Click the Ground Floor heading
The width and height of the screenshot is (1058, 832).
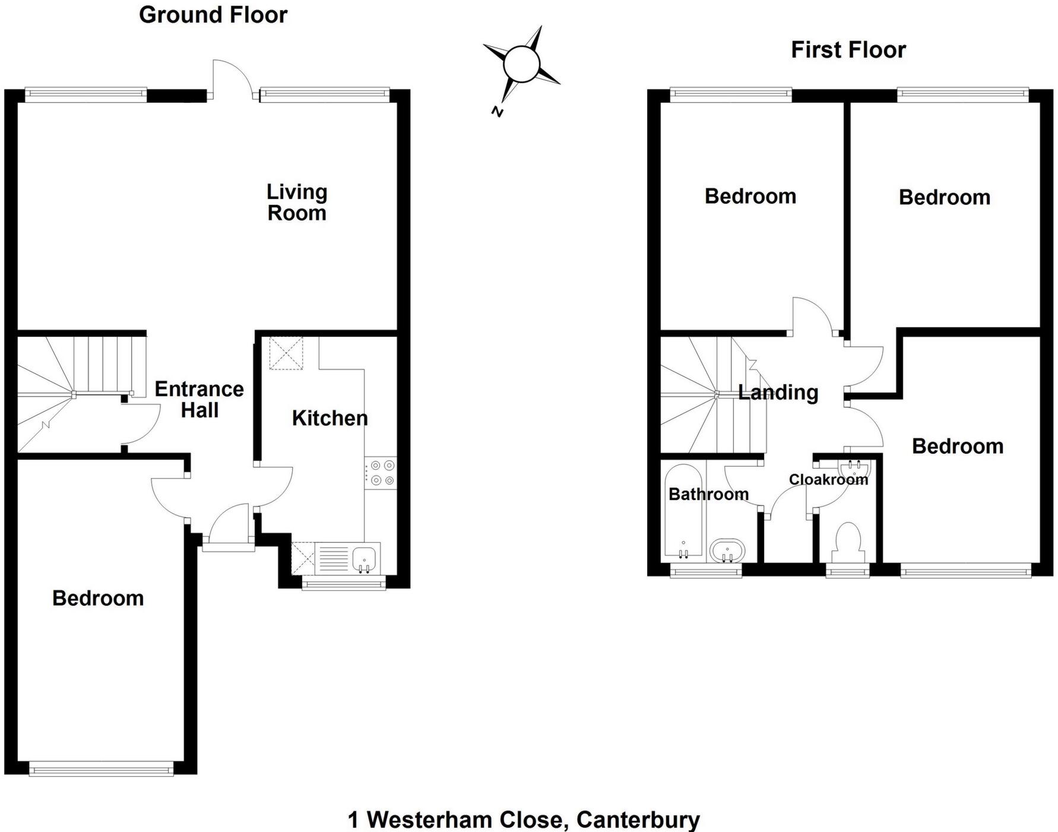(213, 15)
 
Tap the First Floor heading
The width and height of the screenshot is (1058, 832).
(848, 50)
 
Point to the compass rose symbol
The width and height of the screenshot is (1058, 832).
(521, 64)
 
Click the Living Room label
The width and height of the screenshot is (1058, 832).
(297, 203)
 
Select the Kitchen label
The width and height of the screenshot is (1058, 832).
(330, 418)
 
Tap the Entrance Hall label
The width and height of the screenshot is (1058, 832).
(199, 400)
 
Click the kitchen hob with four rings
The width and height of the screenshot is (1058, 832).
(380, 473)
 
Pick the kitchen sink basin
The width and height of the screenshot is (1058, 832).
(364, 558)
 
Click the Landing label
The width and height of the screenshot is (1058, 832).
(778, 393)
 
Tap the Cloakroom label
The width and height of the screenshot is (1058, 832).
(828, 479)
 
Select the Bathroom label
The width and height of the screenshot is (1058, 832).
(708, 494)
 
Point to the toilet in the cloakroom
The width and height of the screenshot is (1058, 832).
(848, 542)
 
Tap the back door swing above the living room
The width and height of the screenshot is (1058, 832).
(232, 77)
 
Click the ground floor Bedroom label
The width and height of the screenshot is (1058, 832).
(98, 598)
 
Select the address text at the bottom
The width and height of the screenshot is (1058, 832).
(524, 820)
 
